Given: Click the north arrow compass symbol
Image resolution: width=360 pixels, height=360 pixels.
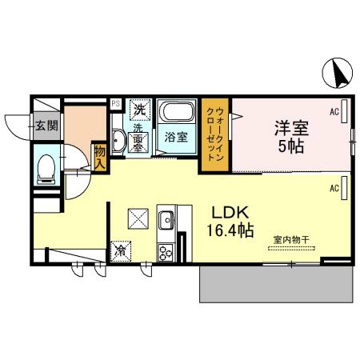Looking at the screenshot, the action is (x=338, y=73).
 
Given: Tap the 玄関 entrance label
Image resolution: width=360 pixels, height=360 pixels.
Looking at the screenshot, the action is (x=46, y=126).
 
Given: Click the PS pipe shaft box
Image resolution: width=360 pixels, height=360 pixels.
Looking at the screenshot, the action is (x=116, y=103).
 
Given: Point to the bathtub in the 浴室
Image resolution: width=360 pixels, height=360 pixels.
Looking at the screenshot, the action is (x=178, y=112).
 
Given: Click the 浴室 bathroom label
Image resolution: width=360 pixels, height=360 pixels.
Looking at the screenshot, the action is (x=176, y=137).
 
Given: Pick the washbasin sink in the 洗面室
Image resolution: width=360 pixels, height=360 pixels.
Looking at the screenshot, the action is (x=118, y=141).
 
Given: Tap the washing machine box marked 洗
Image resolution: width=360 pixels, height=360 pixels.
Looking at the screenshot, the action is (x=140, y=110).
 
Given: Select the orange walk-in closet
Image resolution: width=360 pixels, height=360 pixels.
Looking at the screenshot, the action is (x=215, y=134).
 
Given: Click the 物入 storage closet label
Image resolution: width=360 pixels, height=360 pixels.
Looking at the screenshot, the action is (x=100, y=158).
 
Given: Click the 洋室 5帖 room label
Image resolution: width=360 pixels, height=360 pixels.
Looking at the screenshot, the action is (x=291, y=137).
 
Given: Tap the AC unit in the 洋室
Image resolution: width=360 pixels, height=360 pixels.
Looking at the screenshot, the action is (x=344, y=111).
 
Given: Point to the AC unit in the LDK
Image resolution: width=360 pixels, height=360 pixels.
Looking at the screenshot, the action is (x=344, y=188).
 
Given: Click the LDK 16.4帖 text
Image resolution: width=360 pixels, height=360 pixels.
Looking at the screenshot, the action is (x=230, y=222).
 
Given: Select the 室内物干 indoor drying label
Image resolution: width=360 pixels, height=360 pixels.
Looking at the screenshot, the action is (x=291, y=239).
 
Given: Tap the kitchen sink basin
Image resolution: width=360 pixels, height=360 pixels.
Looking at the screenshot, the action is (x=167, y=220).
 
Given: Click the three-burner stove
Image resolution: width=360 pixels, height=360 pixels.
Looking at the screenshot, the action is (x=166, y=253).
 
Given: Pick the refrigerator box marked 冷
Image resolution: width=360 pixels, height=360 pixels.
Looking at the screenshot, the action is (x=121, y=251).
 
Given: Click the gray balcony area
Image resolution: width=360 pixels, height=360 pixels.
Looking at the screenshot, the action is (x=276, y=284).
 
